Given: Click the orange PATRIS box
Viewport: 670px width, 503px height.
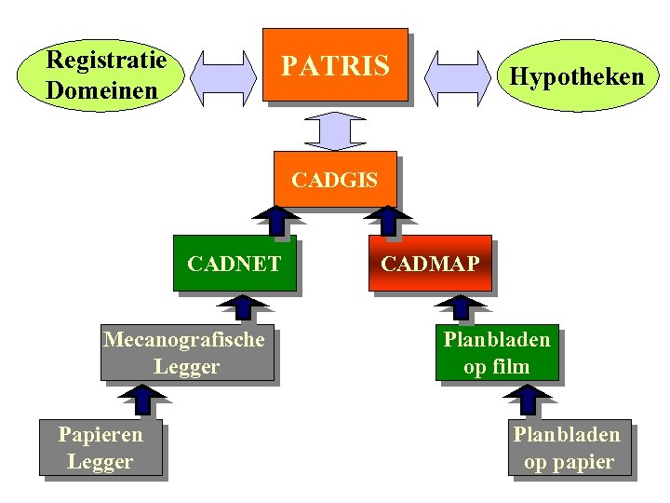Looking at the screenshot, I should coord(335,64).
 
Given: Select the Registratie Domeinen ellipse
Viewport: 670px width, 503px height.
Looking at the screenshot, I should coord(107,75).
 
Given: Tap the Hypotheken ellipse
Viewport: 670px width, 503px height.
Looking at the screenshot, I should coord(571,75).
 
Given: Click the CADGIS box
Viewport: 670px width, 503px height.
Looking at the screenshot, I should coord(335,179).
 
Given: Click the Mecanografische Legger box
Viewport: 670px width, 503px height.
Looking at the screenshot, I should coord(186,353).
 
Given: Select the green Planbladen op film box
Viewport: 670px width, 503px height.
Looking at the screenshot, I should coord(497,353).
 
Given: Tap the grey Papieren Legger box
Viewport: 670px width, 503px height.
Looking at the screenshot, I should coord(100,447).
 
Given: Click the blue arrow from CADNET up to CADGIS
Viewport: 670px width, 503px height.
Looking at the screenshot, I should coord(276,220).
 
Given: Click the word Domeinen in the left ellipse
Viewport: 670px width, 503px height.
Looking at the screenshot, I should coord(101,90).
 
